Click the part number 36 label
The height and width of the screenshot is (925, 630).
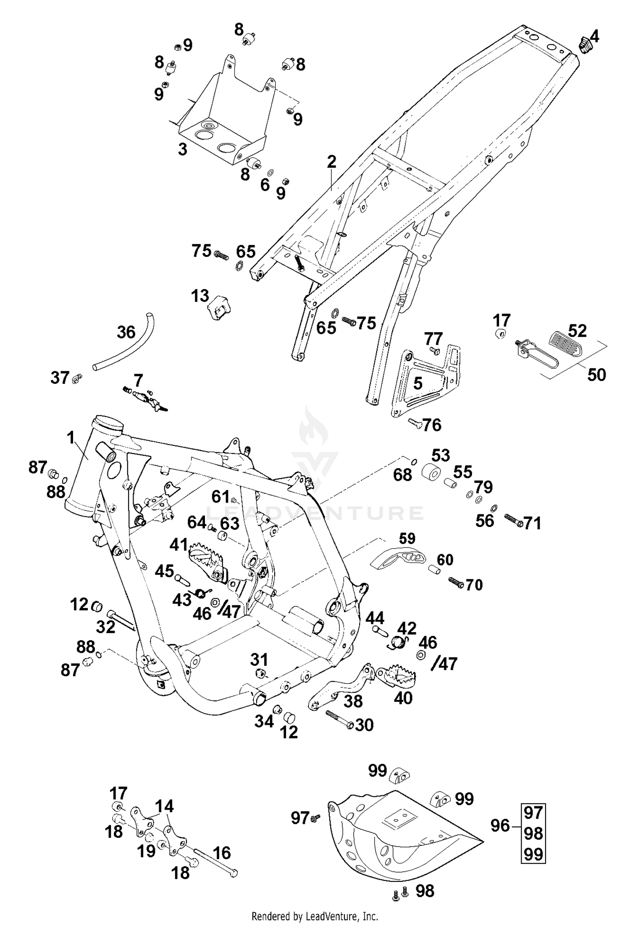pos(126,332)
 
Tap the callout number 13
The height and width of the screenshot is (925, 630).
pos(200,296)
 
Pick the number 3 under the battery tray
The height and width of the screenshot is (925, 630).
pos(182,149)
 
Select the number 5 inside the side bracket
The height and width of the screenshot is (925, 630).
pos(417,383)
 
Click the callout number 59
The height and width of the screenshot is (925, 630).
pos(407,538)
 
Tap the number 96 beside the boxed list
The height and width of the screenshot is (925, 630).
pos(500,826)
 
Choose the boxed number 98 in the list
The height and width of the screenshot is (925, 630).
pos(533,833)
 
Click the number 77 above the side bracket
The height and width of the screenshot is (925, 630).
pos(433,338)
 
